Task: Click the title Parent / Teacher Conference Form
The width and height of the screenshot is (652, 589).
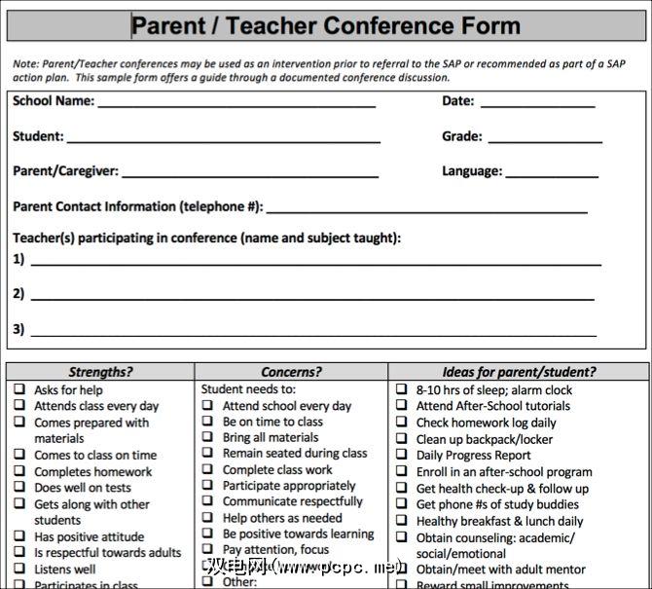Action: coord(326,25)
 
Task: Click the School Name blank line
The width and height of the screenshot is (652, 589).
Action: coord(235,105)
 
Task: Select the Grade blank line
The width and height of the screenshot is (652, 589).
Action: coord(545,141)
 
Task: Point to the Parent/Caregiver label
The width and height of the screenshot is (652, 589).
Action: coord(65,171)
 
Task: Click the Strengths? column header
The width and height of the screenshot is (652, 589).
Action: coord(100,372)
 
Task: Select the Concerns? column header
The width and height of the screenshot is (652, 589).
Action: coord(291,372)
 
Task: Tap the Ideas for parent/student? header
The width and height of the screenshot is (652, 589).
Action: coord(519,372)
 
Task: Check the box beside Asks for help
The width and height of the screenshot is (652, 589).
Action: coord(19,389)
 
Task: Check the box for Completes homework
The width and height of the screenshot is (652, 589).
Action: coord(19,471)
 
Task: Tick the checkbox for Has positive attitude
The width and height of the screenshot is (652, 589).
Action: coord(19,536)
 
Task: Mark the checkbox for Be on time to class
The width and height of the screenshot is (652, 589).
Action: coord(207,422)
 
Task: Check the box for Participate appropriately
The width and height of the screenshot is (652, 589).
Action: coord(207,485)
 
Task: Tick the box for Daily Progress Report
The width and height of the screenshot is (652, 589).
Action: coord(402,455)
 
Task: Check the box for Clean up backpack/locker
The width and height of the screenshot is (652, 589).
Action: coord(402,438)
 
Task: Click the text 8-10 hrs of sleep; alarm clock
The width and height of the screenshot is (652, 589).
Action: coord(494,390)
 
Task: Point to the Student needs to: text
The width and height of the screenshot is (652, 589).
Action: coord(242,389)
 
